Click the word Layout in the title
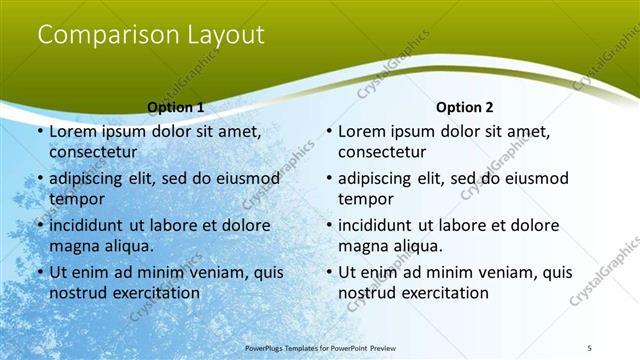(x=224, y=35)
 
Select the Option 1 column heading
(x=175, y=107)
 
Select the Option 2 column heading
(x=464, y=107)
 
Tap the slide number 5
(x=590, y=347)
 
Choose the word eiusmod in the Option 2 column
(x=533, y=179)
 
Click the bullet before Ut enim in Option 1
(x=39, y=272)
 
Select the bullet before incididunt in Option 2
(x=328, y=225)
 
